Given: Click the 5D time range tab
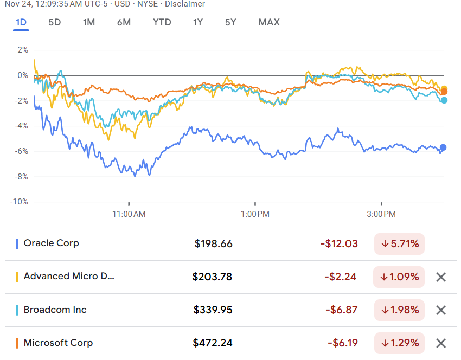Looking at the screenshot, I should pos(54,22).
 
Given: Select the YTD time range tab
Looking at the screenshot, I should pos(162,22).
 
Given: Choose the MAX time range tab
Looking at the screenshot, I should pos(269,22).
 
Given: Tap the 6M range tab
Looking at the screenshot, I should pos(124,22).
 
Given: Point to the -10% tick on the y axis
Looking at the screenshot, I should pos(20,202).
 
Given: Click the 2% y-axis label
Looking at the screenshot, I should pos(22,50).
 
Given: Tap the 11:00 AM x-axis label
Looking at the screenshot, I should pos(129,214).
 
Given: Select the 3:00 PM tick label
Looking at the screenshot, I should pos(381,214).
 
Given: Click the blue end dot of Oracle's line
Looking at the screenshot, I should pos(443,147).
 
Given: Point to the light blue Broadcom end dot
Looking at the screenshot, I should pos(444,100).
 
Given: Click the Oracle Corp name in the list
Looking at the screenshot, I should pos(51,243).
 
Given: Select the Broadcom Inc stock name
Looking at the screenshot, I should pos(55,310).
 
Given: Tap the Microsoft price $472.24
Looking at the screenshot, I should pos(213,343).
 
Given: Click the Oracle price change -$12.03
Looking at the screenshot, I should pos(339,244).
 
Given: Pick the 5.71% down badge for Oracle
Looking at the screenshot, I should pos(399,244).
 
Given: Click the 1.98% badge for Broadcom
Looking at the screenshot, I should pos(399,310).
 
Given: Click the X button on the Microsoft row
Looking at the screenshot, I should pos(441,343).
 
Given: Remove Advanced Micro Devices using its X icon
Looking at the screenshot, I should pos(441,277).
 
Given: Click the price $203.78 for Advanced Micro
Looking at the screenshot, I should pos(212,277).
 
